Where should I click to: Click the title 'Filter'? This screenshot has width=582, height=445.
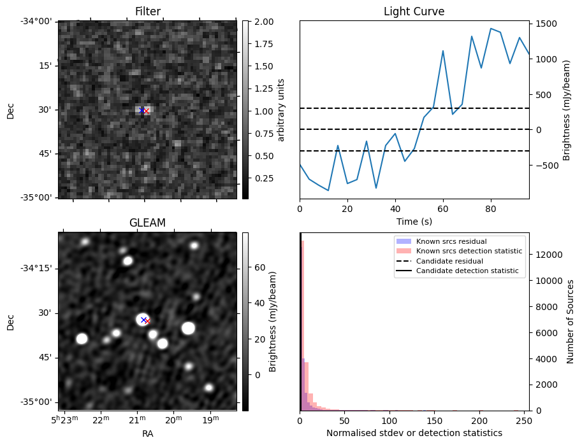(147, 11)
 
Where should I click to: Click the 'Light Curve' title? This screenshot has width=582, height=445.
(414, 11)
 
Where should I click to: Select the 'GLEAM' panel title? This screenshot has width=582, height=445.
(147, 223)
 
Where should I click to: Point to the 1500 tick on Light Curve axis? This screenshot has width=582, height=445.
(548, 24)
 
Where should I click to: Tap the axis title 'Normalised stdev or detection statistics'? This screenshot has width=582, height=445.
(414, 433)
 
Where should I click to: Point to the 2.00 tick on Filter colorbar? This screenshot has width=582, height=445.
(263, 22)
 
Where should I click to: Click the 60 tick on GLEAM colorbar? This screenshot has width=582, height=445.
(259, 268)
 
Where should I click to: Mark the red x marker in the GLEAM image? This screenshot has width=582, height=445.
(147, 321)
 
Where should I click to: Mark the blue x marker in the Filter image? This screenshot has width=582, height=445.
(142, 110)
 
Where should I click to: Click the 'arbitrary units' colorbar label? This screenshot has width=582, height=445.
(281, 109)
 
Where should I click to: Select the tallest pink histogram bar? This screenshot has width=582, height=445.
(302, 325)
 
